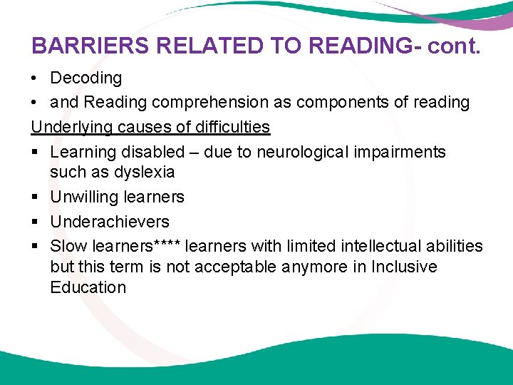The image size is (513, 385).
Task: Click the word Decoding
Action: click(86, 78)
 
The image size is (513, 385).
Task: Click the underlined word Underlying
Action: click(68, 128)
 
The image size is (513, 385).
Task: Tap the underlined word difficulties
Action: click(233, 128)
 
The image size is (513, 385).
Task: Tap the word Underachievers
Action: click(110, 222)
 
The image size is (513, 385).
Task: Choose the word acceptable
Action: click(223, 267)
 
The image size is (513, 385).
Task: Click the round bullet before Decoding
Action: click(35, 78)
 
